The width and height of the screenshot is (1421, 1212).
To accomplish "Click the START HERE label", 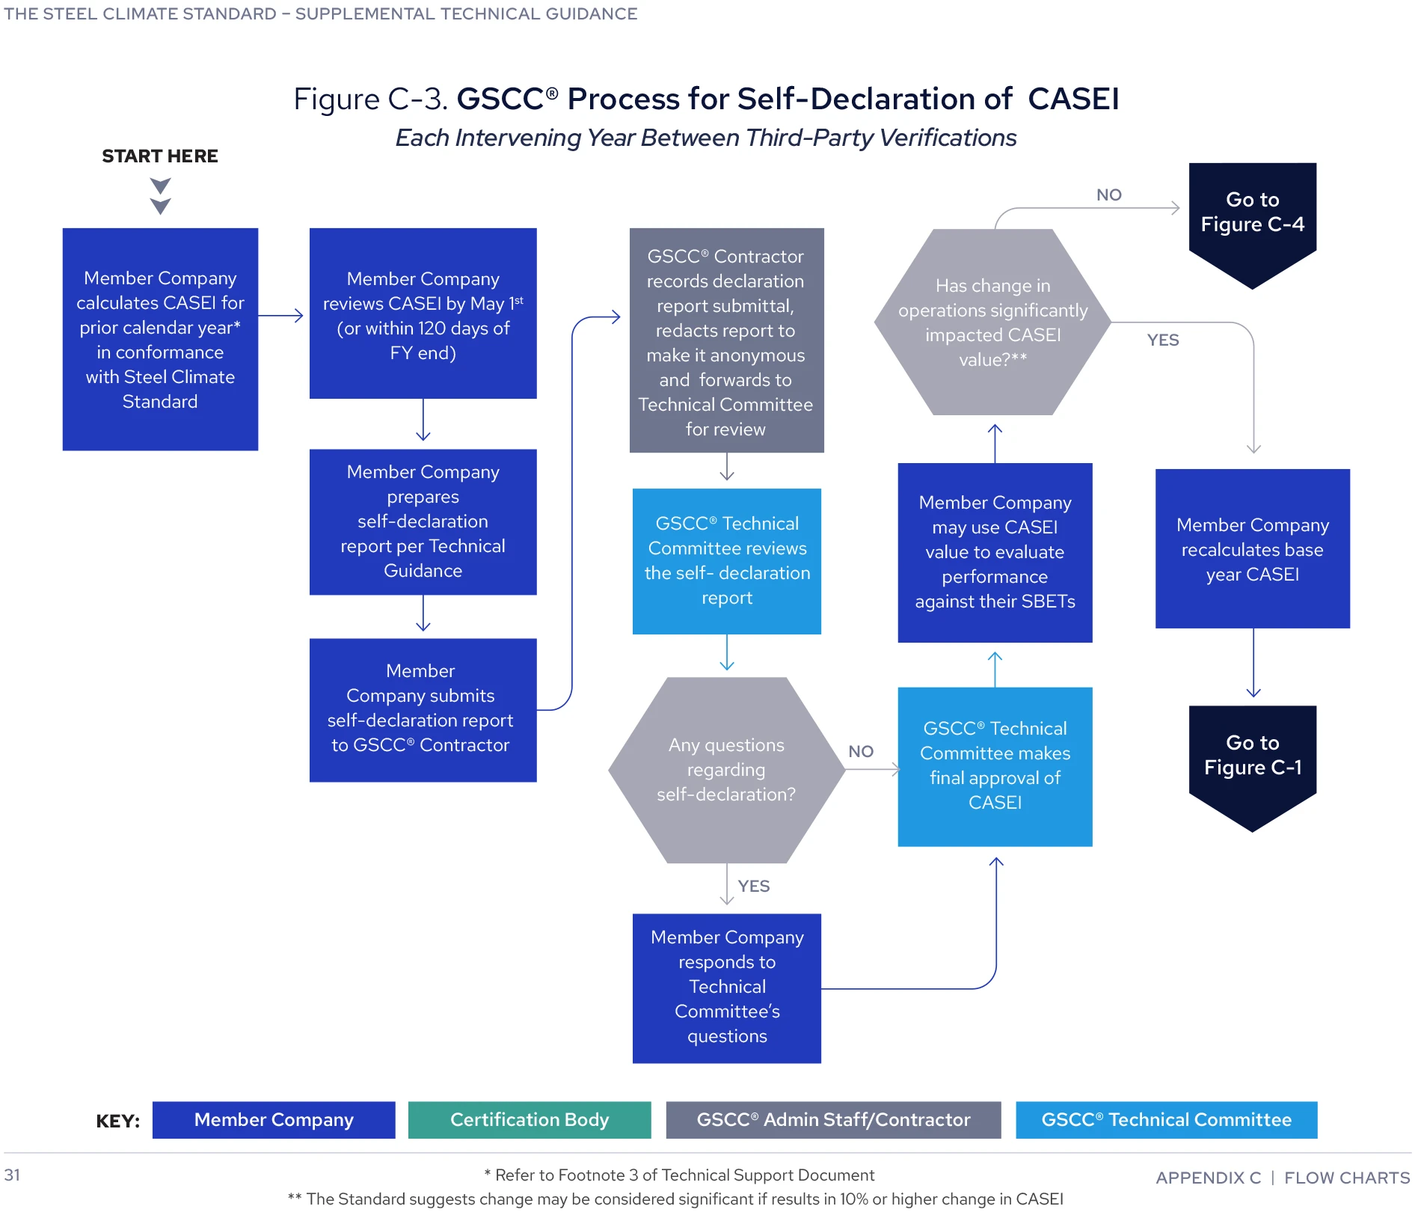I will point(159,156).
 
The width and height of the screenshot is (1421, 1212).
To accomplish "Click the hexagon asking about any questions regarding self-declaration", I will point(726,770).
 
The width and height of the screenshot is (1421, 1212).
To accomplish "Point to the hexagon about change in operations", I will point(992,322).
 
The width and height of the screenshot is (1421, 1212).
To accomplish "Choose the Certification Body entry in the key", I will point(529,1120).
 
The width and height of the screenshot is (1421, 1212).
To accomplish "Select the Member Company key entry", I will point(274,1120).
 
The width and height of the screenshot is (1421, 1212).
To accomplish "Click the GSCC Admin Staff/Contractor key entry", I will point(832,1120).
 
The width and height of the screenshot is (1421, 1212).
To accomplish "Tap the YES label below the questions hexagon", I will point(753,886).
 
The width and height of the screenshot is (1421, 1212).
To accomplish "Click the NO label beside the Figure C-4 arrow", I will point(1108,195).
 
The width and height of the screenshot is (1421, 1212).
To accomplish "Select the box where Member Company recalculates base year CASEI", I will point(1252,549).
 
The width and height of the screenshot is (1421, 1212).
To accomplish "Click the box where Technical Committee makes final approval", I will point(995,766).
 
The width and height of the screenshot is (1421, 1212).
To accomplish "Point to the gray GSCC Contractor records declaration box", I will point(726,341).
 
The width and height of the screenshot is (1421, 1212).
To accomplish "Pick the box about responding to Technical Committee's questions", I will point(726,988).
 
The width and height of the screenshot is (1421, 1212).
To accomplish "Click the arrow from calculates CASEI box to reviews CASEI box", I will point(281,316).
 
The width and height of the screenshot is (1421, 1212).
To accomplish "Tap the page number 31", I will point(12,1175).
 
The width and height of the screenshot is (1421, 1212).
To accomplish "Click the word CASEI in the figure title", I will point(1073,99).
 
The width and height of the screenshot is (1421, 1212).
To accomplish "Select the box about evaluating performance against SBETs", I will point(995,552).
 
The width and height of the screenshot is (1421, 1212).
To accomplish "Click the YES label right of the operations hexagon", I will point(1162,340).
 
